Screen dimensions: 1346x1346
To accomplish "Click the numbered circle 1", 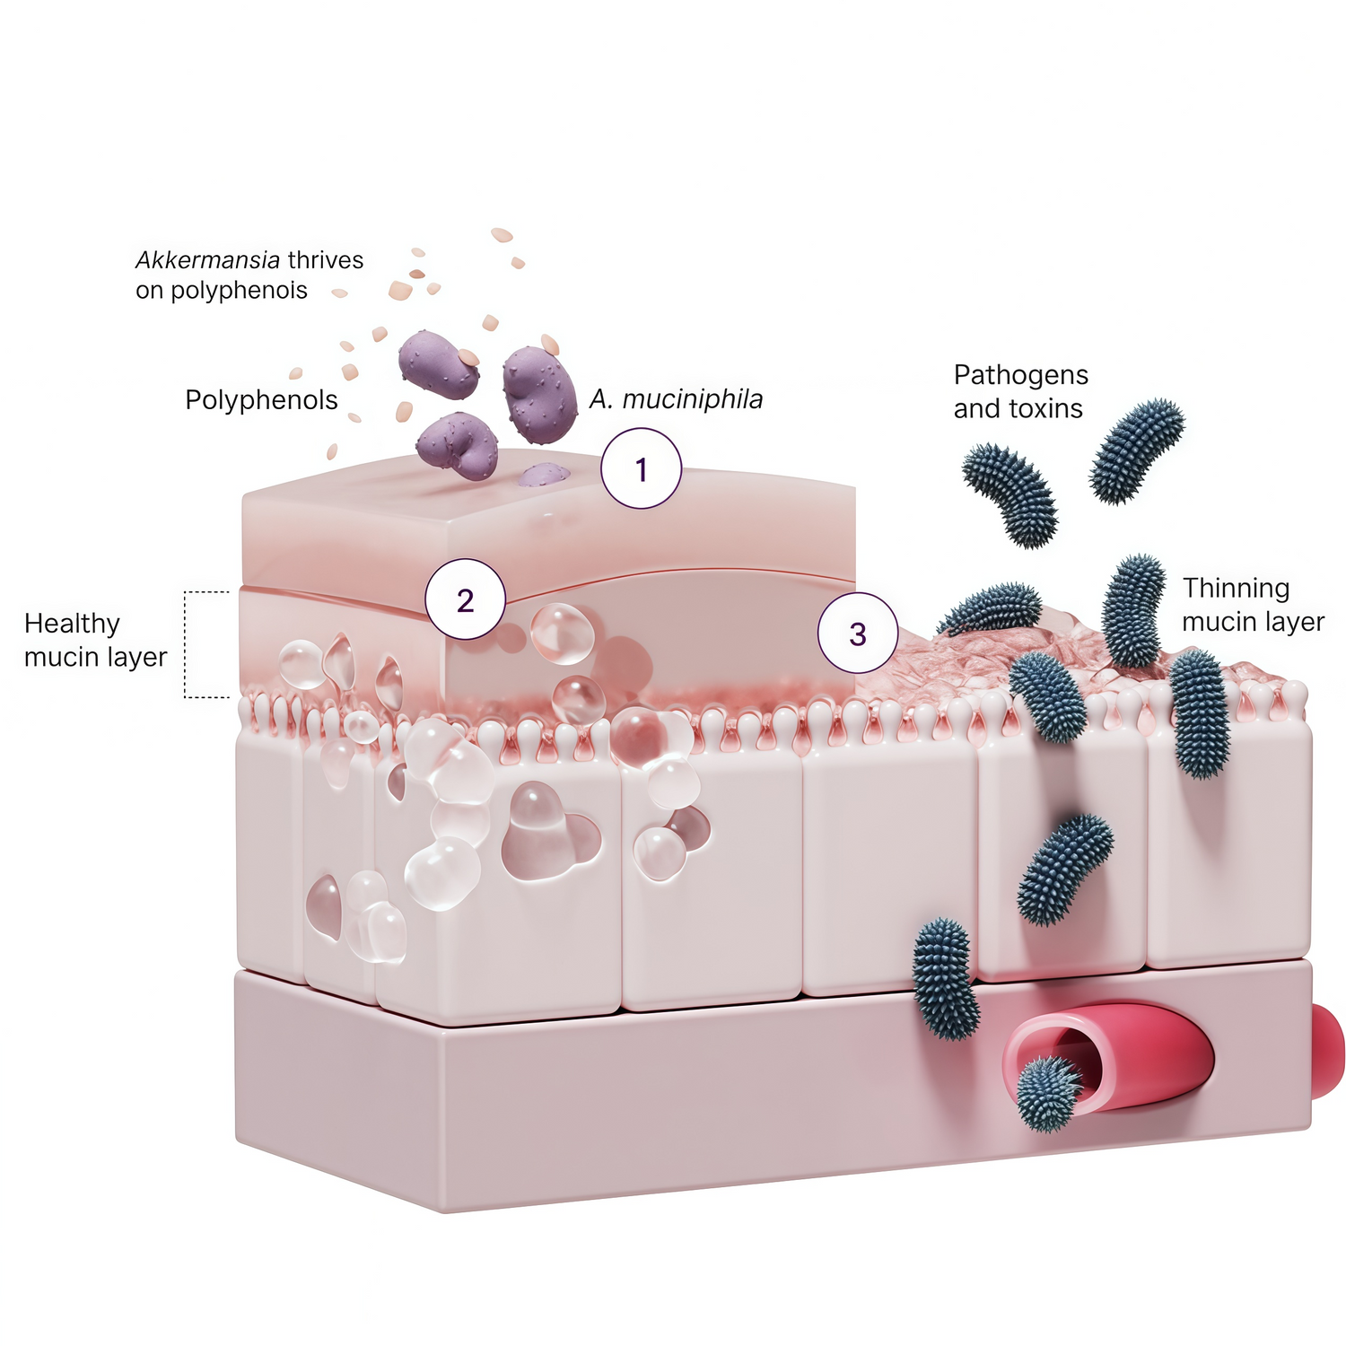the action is point(641,468).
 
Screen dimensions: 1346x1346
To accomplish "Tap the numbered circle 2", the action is point(465,599).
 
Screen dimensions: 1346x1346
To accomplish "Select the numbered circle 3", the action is point(857,633).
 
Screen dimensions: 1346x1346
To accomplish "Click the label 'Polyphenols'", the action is point(261,399).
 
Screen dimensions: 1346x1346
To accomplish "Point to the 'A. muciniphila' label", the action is point(676,399).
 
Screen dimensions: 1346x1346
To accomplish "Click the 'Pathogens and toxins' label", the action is point(1021,391).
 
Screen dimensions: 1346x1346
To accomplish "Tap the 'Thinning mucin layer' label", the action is point(1253,605).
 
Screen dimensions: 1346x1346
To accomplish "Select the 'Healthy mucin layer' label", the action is point(95,640).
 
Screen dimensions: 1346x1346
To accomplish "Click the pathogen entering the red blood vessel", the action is point(1049,1093).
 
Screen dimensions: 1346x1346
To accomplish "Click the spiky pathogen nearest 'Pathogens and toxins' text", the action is point(1010,494).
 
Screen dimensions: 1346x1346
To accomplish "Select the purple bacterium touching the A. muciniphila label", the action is point(539,395).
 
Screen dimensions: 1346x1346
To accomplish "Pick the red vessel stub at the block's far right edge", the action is point(1328,1051).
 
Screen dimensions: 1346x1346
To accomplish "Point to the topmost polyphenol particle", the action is point(502,235).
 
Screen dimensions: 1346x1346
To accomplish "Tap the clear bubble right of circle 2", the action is point(563,634).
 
